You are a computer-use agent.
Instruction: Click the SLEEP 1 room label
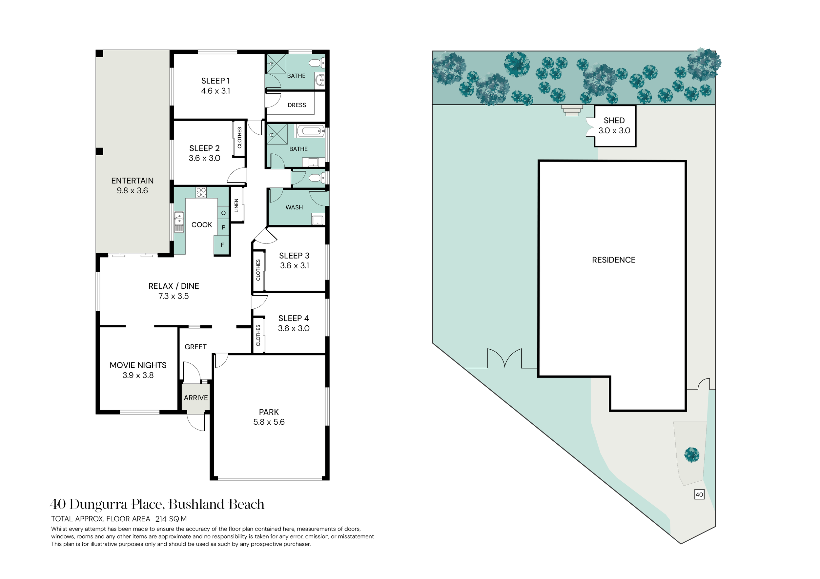(215, 81)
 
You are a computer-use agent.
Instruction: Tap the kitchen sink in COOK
(179, 222)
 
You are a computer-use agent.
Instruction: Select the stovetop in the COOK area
(201, 192)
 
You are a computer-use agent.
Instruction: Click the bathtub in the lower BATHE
(310, 131)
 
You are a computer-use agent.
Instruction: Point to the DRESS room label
(297, 105)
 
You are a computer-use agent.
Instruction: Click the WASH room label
(294, 207)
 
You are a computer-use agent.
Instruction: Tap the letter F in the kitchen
(222, 245)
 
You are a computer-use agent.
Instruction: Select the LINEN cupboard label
(236, 205)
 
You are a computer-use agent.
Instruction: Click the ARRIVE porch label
(196, 398)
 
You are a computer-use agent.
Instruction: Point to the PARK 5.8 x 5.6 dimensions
(269, 422)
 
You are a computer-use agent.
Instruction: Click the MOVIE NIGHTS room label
(138, 365)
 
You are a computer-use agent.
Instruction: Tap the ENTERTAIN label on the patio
(133, 181)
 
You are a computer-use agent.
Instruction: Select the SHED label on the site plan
(614, 121)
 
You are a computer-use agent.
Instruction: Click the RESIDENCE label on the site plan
(614, 260)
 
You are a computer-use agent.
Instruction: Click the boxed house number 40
(699, 494)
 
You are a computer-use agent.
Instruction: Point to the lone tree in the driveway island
(692, 455)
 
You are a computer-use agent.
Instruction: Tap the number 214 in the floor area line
(161, 519)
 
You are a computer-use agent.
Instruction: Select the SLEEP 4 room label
(294, 318)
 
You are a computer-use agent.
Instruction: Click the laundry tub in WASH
(318, 220)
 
